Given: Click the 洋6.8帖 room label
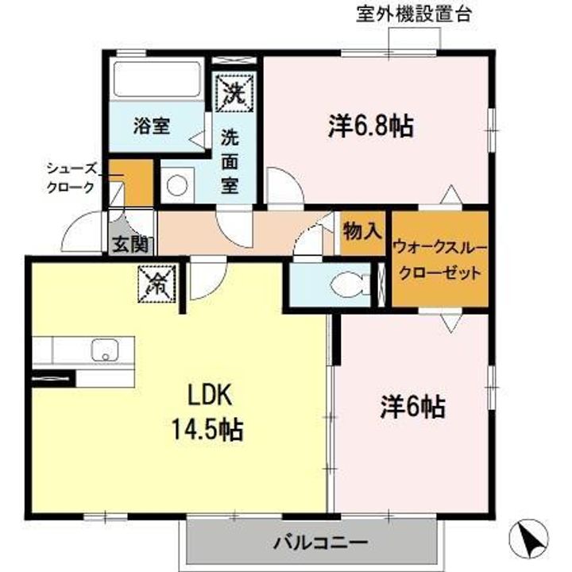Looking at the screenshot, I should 370,126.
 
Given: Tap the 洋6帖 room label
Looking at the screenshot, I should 411,408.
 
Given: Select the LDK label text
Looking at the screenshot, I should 209,395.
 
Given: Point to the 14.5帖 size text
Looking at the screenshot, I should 209,430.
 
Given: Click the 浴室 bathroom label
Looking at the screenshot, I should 150,126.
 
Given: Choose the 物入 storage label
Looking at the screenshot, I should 362,231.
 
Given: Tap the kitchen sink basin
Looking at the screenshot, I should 105,350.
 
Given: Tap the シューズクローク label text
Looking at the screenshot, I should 71,177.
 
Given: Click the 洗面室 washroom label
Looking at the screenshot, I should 229,160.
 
